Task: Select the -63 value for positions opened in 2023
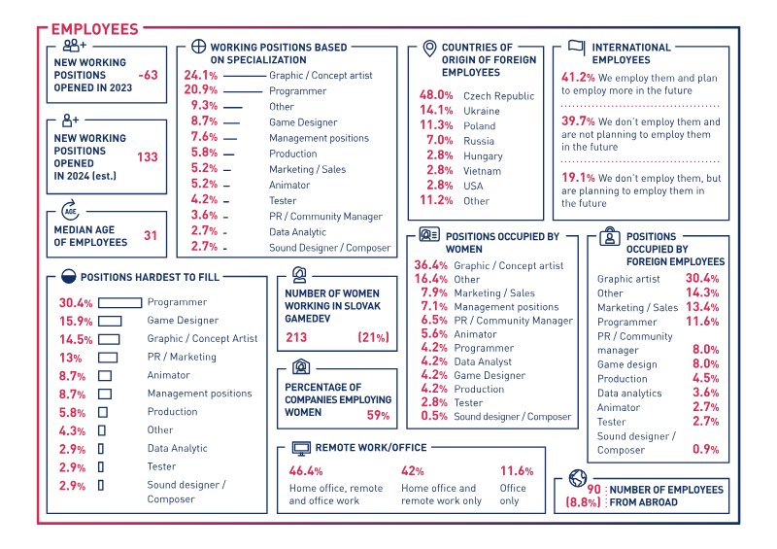(148, 75)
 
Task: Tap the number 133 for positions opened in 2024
(148, 157)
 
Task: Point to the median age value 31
(151, 235)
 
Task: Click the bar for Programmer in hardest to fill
(120, 302)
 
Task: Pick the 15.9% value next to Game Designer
(76, 321)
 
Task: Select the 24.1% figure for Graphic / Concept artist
(200, 76)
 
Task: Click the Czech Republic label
(498, 96)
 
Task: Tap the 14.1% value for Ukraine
(436, 111)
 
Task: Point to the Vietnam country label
(482, 171)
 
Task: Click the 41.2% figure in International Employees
(578, 78)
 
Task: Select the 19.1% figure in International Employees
(578, 178)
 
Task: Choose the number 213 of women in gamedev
(296, 338)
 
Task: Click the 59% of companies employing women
(378, 416)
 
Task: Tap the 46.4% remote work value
(306, 471)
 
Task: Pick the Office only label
(513, 495)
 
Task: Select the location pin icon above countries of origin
(428, 48)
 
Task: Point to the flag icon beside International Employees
(576, 47)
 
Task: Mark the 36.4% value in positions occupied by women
(431, 265)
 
